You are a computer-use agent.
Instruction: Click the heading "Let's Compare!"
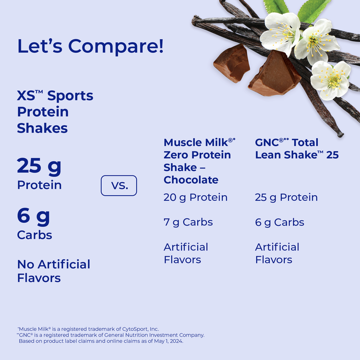(x=90, y=46)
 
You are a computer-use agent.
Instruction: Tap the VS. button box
(x=118, y=185)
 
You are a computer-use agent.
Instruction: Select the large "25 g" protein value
(x=39, y=166)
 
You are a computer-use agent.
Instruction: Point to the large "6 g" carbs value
(x=33, y=215)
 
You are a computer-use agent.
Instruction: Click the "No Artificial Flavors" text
(x=53, y=271)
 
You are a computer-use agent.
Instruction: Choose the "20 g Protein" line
(x=196, y=197)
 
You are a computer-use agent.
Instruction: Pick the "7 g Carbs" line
(x=188, y=222)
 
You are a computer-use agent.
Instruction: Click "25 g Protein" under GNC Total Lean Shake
(x=286, y=197)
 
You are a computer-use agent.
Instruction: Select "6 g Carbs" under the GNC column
(x=280, y=222)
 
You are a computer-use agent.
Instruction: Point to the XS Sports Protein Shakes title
(x=55, y=112)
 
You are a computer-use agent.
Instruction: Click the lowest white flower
(x=330, y=79)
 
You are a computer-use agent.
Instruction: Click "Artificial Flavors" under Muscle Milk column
(x=186, y=253)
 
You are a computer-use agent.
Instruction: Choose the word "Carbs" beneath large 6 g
(x=34, y=235)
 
